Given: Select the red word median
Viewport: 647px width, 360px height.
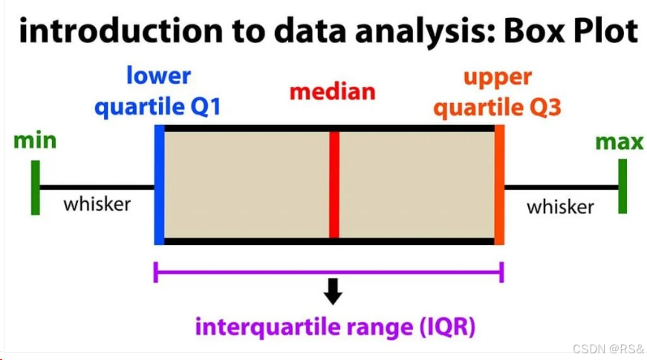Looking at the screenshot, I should point(332,92).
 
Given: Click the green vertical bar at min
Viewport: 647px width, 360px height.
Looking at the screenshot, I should point(35,187).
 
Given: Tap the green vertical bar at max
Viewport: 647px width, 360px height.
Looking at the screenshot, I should point(622,187).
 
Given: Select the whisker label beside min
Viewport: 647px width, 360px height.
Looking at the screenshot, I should point(97,203).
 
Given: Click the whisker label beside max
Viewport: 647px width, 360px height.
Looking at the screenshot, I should point(560,206).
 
